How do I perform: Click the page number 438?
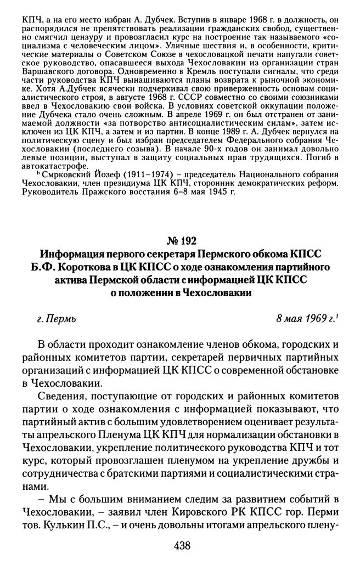click(181, 545)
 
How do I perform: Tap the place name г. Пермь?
click(52, 318)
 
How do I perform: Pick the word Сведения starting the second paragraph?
click(67, 395)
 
